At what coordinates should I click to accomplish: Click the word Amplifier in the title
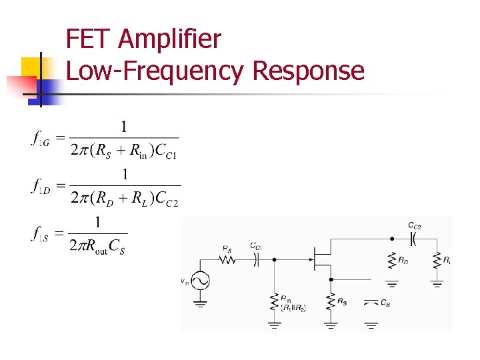169,40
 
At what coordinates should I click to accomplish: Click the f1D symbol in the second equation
40,187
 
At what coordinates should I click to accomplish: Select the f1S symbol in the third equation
40,234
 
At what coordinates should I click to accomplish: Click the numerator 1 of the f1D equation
124,174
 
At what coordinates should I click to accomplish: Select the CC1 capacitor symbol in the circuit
256,261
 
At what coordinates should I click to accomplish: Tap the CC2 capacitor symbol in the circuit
414,237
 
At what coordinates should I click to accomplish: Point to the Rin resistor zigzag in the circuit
274,303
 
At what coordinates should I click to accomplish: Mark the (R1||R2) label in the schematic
293,308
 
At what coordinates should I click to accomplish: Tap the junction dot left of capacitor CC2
391,237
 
